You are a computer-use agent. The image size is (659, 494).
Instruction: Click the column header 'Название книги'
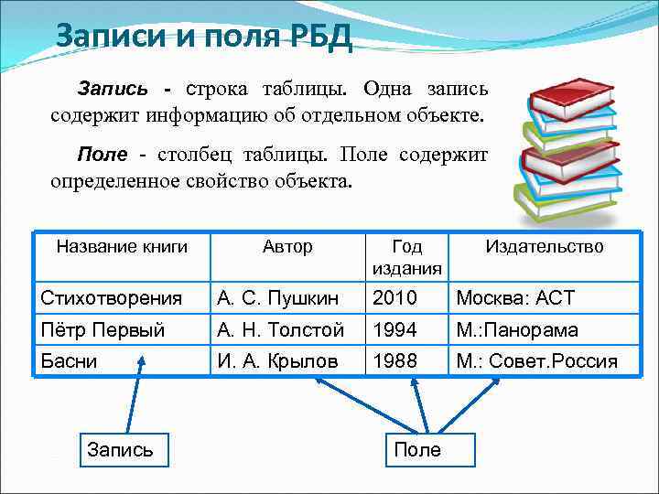tap(122, 247)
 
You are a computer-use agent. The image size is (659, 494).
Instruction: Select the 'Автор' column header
tap(287, 247)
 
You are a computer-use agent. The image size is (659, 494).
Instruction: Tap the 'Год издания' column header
tap(406, 257)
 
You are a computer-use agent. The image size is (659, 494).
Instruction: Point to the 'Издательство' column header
tap(544, 247)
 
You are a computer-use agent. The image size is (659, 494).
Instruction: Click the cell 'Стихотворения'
tap(110, 297)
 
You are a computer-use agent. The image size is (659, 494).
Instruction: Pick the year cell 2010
tap(394, 297)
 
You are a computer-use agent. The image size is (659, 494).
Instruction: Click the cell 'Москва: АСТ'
tap(515, 297)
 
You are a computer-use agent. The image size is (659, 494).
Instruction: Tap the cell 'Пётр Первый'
tap(103, 329)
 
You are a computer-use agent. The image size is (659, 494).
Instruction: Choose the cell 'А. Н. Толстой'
tap(281, 329)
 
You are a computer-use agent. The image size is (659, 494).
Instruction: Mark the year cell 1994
tap(394, 329)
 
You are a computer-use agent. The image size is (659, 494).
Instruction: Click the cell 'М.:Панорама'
tap(517, 329)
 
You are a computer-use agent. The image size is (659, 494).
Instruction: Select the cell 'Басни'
tap(70, 361)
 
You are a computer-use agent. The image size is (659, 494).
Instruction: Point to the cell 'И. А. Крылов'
tap(277, 361)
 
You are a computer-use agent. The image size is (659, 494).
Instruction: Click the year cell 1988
tap(394, 361)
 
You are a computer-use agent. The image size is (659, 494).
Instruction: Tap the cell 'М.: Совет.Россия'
tap(536, 361)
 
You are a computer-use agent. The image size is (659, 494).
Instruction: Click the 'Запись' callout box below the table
tap(120, 449)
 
